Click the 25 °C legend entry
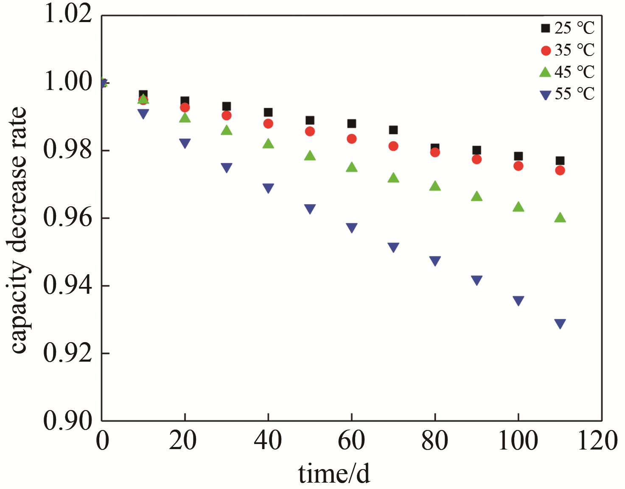click(568, 28)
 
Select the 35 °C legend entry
click(568, 51)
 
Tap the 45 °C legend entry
click(568, 72)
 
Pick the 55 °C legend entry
click(568, 94)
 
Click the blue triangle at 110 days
click(560, 324)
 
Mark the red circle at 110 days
click(560, 170)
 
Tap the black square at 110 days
click(560, 161)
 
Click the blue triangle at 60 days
click(352, 228)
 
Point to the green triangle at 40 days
click(268, 144)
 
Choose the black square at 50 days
click(310, 121)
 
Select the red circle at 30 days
click(227, 115)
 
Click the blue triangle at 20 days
click(185, 143)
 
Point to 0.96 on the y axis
click(68, 218)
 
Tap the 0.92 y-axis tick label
click(68, 353)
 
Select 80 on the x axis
click(434, 441)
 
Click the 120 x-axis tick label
click(597, 441)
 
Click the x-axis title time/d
click(334, 474)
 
